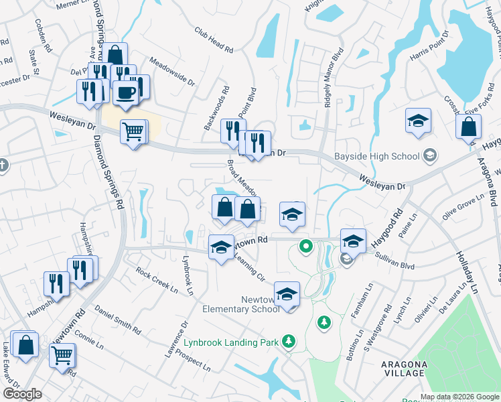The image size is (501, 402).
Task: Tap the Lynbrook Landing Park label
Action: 231,342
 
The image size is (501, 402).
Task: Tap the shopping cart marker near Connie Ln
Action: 62,354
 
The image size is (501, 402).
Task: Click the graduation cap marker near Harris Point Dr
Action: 418,121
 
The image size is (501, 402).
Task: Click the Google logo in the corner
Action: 22,394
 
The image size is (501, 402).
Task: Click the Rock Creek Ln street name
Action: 157,281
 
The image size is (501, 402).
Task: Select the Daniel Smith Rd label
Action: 118,320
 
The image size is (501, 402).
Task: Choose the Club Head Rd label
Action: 214,40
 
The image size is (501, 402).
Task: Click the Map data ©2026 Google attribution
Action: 459,397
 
